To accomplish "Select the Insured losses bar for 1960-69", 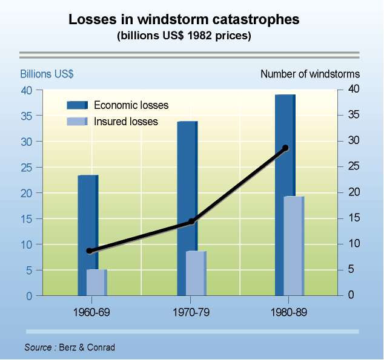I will tap(97, 283).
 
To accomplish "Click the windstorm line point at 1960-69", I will tap(90, 250).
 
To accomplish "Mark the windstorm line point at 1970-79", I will tap(191, 221).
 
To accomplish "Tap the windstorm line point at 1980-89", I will tap(286, 148).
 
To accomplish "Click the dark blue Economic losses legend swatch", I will tap(78, 105).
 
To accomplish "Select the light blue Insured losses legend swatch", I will tap(78, 122).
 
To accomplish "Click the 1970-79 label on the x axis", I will tap(190, 315).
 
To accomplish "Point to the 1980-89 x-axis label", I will tap(288, 315).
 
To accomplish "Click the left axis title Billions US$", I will tap(47, 74).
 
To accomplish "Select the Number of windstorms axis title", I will tap(310, 74).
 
